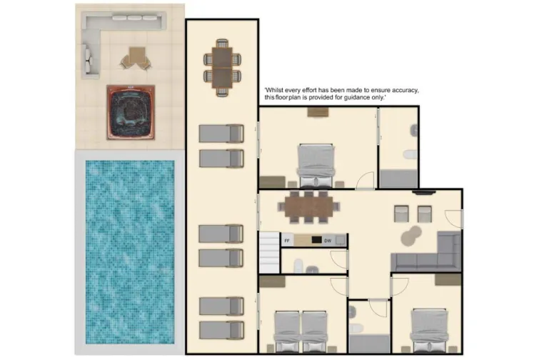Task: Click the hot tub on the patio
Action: click(131, 111)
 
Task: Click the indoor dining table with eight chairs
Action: click(309, 206)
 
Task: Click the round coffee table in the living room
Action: click(412, 235)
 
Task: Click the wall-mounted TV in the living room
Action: click(423, 191)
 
